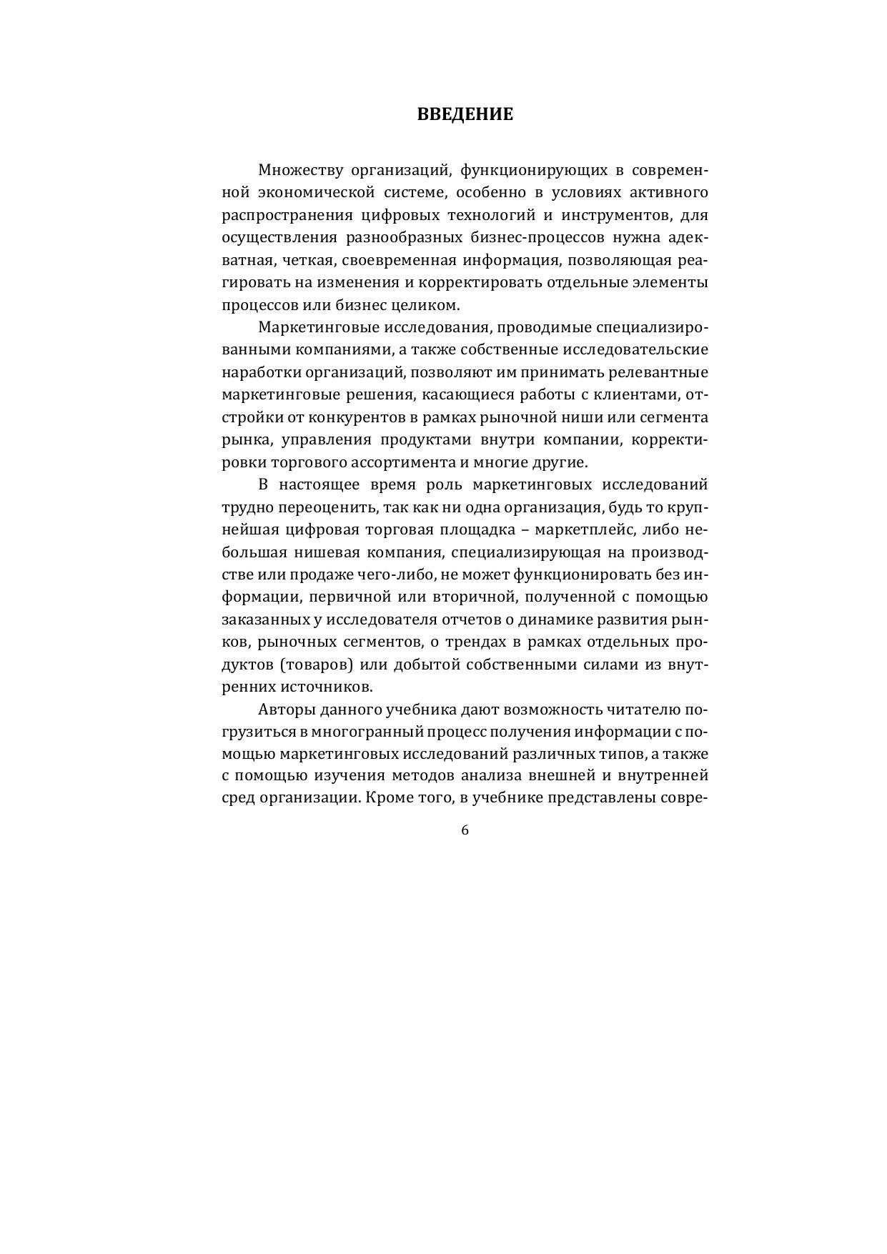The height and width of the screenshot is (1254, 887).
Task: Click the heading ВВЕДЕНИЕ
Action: [x=465, y=115]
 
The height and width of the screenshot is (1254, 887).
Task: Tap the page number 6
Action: [x=465, y=830]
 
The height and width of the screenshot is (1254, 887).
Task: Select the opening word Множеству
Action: [x=294, y=170]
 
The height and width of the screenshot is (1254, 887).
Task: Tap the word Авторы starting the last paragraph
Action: [x=284, y=710]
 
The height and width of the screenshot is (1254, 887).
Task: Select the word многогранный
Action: [x=372, y=732]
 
